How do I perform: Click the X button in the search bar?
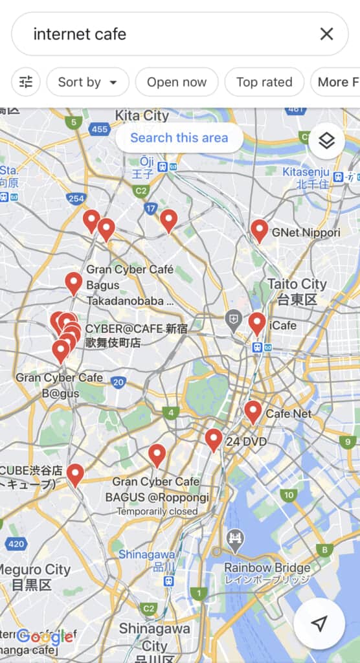click(326, 34)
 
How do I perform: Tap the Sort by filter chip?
click(87, 82)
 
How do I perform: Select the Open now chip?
click(177, 82)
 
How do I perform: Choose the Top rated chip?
click(264, 82)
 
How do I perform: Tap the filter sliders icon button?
click(26, 82)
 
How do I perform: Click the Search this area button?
click(179, 138)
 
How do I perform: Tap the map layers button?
click(326, 140)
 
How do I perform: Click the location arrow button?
click(319, 624)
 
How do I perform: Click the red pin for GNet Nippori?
click(260, 230)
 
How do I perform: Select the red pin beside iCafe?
click(257, 323)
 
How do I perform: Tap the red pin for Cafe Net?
click(253, 412)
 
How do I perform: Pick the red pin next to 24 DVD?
click(214, 440)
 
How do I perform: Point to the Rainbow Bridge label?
click(267, 568)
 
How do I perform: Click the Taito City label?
click(297, 284)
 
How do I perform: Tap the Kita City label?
click(142, 116)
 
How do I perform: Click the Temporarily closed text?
click(157, 511)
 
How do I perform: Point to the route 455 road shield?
click(100, 129)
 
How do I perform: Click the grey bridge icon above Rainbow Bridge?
click(234, 538)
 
